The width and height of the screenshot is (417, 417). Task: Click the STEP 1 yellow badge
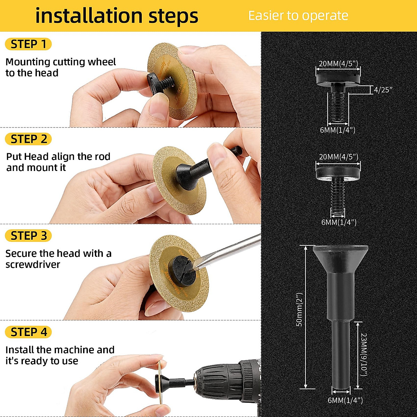(x=28, y=44)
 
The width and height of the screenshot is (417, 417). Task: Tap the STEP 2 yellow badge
(x=28, y=139)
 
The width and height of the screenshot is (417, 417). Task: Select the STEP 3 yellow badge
(x=28, y=236)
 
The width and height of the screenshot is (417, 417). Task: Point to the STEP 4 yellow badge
(x=28, y=332)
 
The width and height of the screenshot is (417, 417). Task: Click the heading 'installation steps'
(x=117, y=16)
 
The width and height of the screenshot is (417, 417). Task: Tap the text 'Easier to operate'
(x=298, y=16)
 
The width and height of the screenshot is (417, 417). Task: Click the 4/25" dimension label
(x=383, y=90)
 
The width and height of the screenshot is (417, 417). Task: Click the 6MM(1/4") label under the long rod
(x=345, y=401)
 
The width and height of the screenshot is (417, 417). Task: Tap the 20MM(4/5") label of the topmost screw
(x=338, y=64)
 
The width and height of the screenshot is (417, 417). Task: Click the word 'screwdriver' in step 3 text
(x=33, y=265)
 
